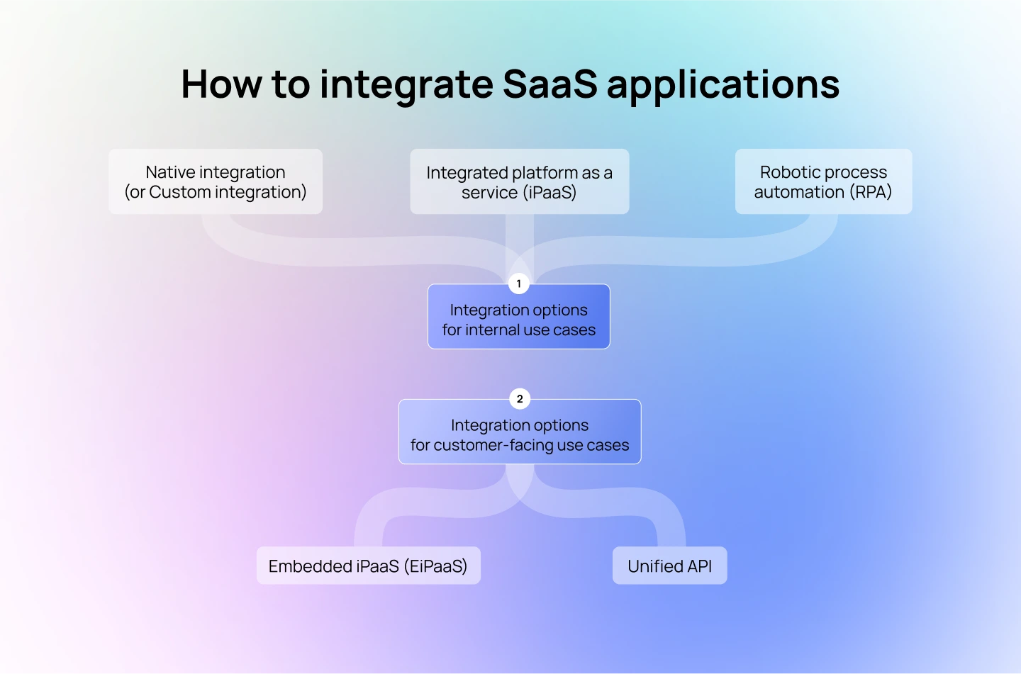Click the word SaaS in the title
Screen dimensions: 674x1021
550,84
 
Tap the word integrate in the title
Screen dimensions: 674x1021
406,84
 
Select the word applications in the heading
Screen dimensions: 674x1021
722,84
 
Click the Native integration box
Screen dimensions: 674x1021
216,181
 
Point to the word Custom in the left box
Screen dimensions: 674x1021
180,192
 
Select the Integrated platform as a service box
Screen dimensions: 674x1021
519,181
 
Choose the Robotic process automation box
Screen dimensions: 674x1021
823,181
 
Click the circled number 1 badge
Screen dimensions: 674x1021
519,283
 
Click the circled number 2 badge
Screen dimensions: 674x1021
520,399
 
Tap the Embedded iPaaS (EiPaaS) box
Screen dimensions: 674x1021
368,566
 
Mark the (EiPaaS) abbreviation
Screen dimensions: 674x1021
435,566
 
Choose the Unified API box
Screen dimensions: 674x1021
669,566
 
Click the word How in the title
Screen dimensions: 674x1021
221,84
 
